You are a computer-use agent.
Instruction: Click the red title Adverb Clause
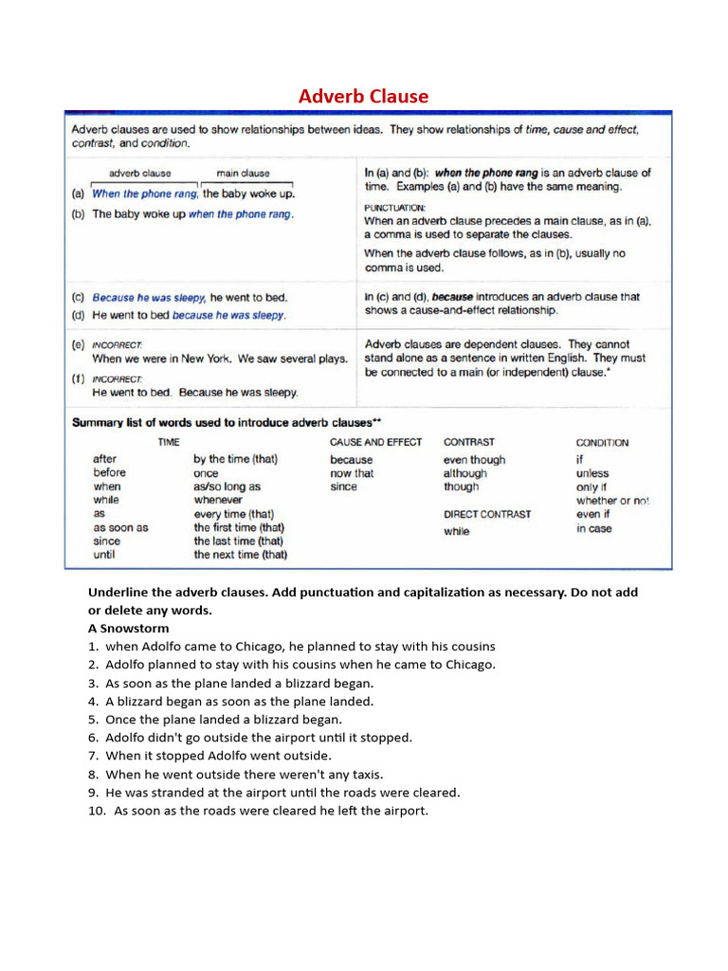click(363, 96)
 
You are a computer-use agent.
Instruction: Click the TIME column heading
click(168, 442)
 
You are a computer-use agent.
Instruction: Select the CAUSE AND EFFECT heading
click(375, 442)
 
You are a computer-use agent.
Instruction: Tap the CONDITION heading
click(602, 443)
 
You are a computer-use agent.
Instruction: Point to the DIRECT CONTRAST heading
click(487, 514)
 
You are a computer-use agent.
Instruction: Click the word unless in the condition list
click(592, 473)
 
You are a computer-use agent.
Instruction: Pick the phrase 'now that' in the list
click(352, 473)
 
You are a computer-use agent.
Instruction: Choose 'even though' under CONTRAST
click(474, 460)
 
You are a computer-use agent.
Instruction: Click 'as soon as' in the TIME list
click(120, 527)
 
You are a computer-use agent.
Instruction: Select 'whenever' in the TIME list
click(218, 500)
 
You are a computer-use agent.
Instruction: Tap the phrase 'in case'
click(594, 529)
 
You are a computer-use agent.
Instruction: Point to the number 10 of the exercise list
click(96, 811)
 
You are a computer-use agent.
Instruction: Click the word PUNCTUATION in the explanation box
click(395, 207)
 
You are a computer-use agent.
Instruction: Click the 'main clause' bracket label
click(243, 174)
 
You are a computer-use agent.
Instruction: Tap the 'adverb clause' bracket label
click(140, 174)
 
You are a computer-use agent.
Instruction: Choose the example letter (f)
click(78, 377)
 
